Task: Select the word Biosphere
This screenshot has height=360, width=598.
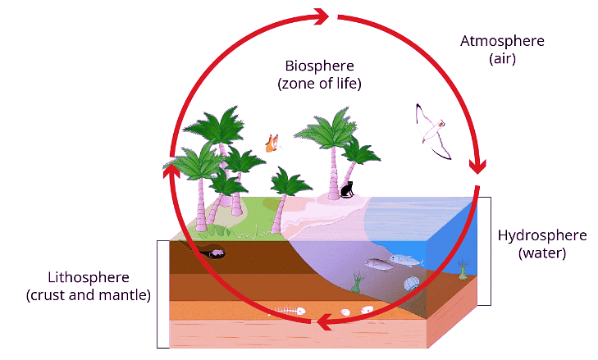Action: pos(320,66)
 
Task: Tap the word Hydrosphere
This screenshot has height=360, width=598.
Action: pos(542,236)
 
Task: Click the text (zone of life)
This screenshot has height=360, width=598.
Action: pos(320,84)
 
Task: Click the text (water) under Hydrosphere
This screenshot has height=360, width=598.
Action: pos(542,254)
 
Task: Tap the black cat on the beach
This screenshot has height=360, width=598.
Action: pos(347,190)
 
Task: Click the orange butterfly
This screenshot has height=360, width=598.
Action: pos(272,143)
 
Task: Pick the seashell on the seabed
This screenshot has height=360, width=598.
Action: pos(413,284)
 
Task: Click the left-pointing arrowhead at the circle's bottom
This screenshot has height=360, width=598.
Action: pos(326,322)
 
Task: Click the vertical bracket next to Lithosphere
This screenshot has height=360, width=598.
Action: pos(158,293)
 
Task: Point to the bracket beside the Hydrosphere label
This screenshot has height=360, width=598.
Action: pos(487,250)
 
